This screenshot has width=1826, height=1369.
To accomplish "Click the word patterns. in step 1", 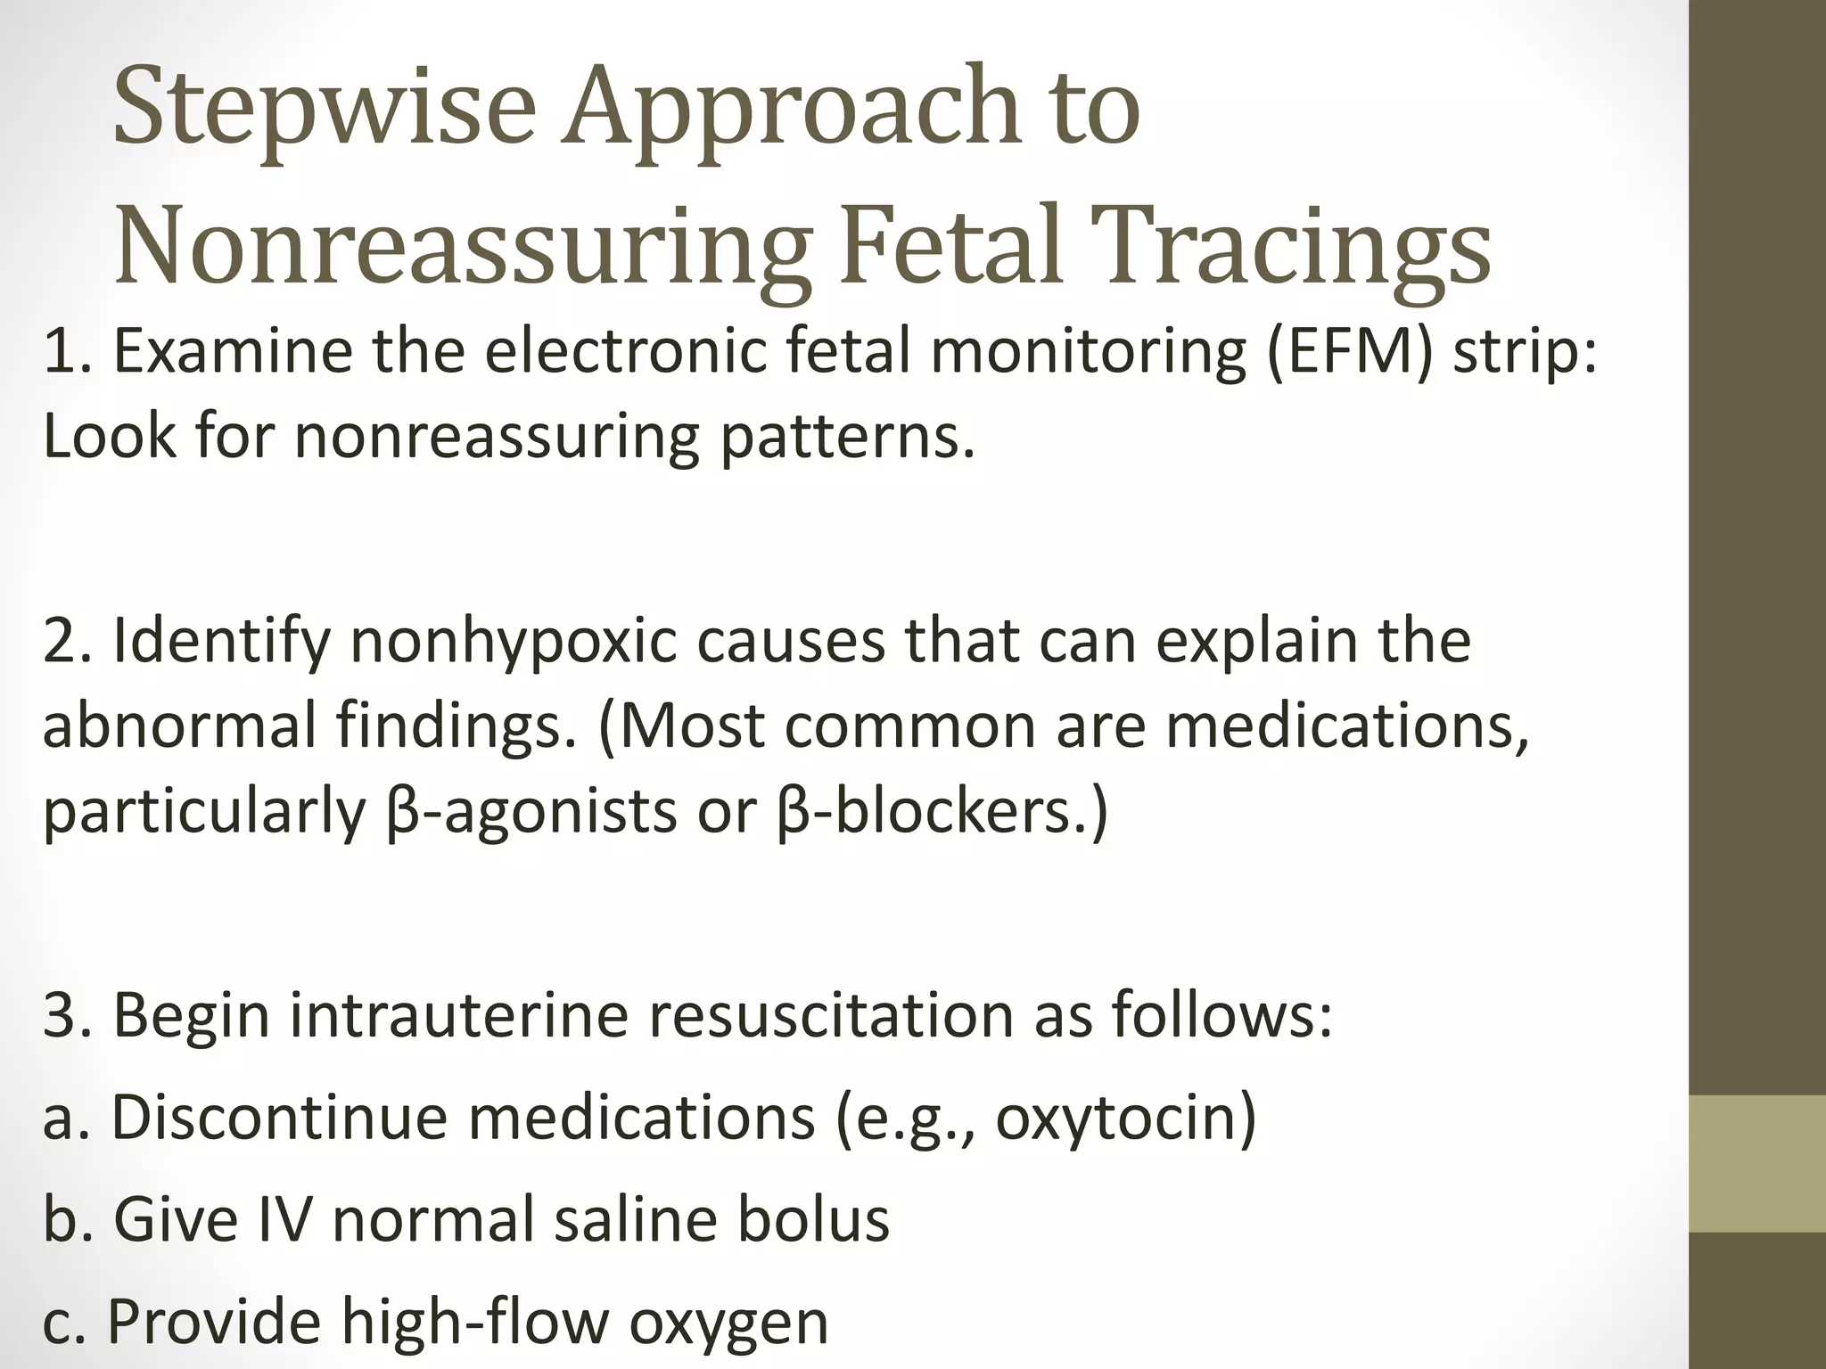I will point(847,439).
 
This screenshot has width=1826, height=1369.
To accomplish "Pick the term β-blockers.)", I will point(942,812).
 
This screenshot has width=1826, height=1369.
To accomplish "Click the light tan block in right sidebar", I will point(1757,1164).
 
